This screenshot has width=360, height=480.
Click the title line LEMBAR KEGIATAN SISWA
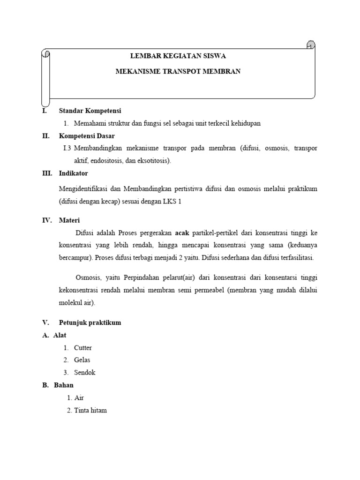178,56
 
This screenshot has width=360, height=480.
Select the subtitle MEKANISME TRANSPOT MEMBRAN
178,72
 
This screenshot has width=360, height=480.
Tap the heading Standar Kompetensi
90,111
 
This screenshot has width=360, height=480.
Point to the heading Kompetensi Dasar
87,136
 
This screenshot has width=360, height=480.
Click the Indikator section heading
73,173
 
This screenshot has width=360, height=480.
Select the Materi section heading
69,220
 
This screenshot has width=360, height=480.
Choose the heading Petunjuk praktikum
90,322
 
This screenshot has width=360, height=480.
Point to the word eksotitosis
154,160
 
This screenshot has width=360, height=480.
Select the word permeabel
209,291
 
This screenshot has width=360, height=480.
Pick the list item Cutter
83,348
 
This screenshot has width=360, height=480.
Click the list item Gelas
82,360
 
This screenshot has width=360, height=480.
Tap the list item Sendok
84,372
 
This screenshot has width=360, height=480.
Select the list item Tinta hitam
90,410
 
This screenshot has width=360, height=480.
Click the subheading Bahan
64,385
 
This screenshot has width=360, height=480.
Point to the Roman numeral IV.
46,220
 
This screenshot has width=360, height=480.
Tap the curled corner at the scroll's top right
310,45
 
